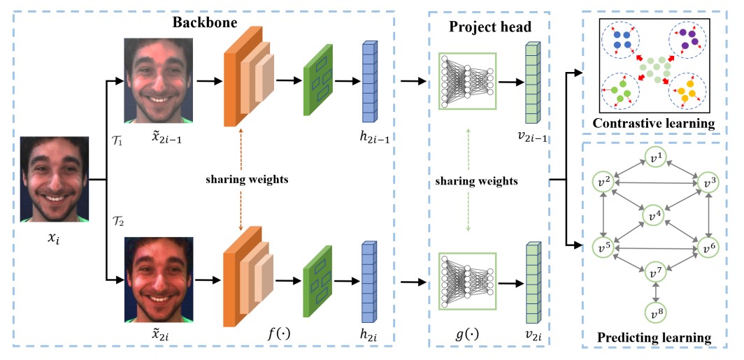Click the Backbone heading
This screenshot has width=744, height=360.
point(206,22)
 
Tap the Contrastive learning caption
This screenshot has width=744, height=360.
point(653,124)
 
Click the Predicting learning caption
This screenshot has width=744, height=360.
point(654,338)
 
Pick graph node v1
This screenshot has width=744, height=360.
point(654,156)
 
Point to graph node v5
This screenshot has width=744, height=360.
point(603,247)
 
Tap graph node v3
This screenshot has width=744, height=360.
point(708,182)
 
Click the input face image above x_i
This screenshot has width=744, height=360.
point(54,178)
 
